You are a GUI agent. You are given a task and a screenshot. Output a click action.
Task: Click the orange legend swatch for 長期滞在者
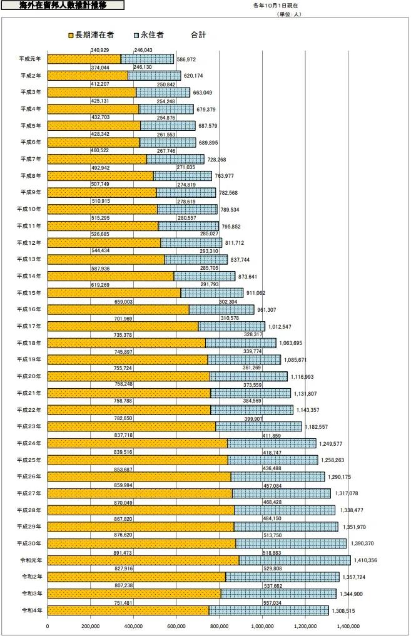tap(71, 35)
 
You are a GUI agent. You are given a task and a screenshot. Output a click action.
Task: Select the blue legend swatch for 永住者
tap(137, 35)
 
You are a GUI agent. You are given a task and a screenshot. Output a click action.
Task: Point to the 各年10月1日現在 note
tap(278, 6)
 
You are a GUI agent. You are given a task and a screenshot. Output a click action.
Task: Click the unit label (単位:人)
tap(288, 13)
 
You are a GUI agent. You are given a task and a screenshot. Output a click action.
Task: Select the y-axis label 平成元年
tap(31, 59)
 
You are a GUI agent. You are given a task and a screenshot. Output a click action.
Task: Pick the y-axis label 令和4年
tap(31, 610)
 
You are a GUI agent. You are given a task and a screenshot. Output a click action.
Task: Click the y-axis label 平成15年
tap(31, 292)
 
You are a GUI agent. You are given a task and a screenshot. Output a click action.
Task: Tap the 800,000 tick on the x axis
tap(219, 625)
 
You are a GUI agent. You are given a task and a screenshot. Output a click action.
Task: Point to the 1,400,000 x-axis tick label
tap(348, 625)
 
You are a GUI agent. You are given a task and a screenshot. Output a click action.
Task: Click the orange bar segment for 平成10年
tap(102, 209)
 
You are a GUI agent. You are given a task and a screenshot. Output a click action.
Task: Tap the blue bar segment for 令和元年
tap(295, 560)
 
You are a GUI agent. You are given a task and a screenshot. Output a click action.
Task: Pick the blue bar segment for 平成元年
tap(147, 59)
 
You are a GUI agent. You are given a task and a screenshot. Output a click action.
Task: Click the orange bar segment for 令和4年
tap(128, 610)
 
